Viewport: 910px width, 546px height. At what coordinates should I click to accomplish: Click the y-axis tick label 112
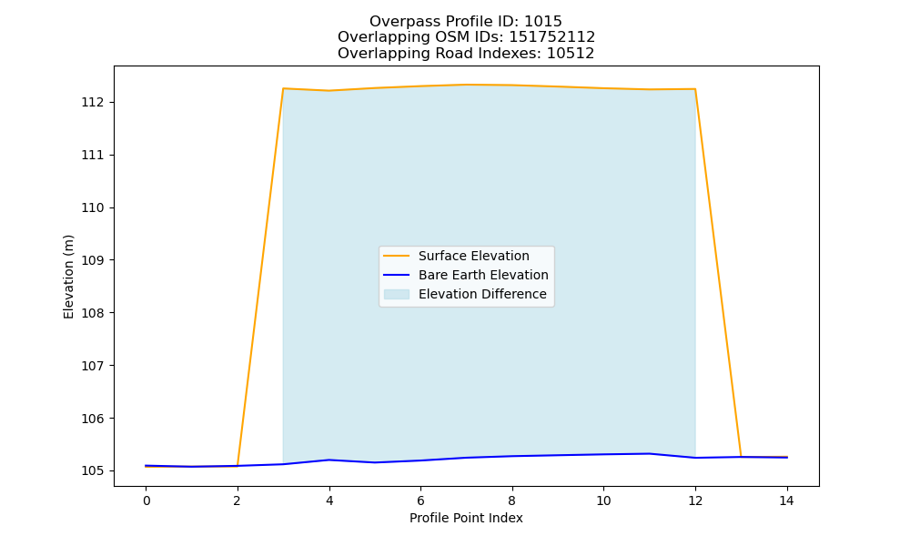pyautogui.click(x=92, y=103)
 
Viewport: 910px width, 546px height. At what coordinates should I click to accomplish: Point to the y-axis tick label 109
pyautogui.click(x=92, y=260)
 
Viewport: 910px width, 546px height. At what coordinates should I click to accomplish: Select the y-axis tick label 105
pyautogui.click(x=92, y=471)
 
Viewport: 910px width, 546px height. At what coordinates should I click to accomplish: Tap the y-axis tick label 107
pyautogui.click(x=92, y=366)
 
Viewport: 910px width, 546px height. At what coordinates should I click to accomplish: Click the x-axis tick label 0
pyautogui.click(x=147, y=500)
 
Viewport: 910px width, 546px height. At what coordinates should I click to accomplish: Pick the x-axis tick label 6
pyautogui.click(x=420, y=500)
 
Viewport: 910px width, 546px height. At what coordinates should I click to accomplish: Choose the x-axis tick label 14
pyautogui.click(x=786, y=500)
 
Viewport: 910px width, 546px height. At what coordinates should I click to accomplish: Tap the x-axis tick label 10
pyautogui.click(x=603, y=500)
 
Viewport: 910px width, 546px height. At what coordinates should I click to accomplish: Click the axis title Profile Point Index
pyautogui.click(x=466, y=518)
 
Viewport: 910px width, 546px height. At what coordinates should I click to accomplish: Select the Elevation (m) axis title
pyautogui.click(x=68, y=277)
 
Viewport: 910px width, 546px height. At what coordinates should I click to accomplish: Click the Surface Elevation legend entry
pyautogui.click(x=473, y=256)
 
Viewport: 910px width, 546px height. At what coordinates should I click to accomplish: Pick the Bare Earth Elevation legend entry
pyautogui.click(x=483, y=275)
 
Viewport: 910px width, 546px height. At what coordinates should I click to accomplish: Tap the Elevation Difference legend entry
pyautogui.click(x=482, y=294)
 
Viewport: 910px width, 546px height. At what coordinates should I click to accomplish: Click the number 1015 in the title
pyautogui.click(x=542, y=22)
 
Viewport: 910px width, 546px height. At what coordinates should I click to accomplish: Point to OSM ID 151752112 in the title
pyautogui.click(x=552, y=37)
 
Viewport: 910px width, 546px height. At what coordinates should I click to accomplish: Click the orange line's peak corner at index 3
pyautogui.click(x=283, y=88)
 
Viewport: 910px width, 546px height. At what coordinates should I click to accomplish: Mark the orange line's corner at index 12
pyautogui.click(x=694, y=89)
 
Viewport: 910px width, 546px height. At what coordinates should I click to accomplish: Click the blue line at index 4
pyautogui.click(x=329, y=460)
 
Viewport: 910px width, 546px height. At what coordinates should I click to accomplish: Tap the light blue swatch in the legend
pyautogui.click(x=397, y=294)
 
